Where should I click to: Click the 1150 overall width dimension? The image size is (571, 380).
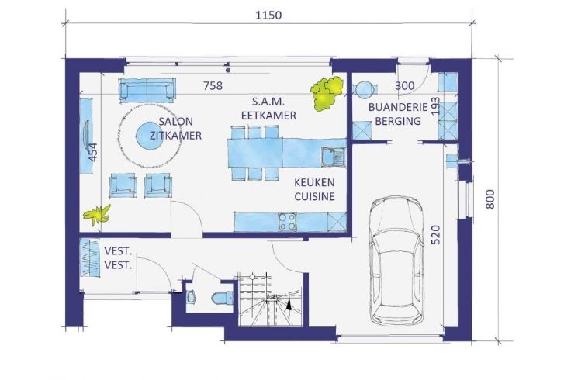pyautogui.click(x=268, y=16)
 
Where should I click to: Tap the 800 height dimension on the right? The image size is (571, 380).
pyautogui.click(x=490, y=199)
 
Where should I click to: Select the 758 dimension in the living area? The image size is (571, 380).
pyautogui.click(x=213, y=85)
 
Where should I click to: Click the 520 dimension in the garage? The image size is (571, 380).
pyautogui.click(x=435, y=235)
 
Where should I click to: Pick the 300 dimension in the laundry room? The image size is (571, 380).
pyautogui.click(x=404, y=86)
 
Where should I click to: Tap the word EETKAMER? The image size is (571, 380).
pyautogui.click(x=268, y=116)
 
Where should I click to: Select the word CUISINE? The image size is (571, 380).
pyautogui.click(x=314, y=196)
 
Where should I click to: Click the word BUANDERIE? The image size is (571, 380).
pyautogui.click(x=398, y=107)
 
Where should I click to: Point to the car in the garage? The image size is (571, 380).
pyautogui.click(x=396, y=260)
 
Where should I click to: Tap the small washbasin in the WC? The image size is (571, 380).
pyautogui.click(x=190, y=297)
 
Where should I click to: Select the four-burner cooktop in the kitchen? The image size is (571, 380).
pyautogui.click(x=287, y=222)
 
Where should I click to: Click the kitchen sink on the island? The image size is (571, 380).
pyautogui.click(x=333, y=157)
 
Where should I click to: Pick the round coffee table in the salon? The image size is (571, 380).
pyautogui.click(x=150, y=136)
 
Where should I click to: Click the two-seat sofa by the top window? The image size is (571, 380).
pyautogui.click(x=147, y=90)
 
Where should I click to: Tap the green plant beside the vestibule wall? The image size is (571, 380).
pyautogui.click(x=97, y=215)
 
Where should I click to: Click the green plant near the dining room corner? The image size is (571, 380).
pyautogui.click(x=327, y=93)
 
